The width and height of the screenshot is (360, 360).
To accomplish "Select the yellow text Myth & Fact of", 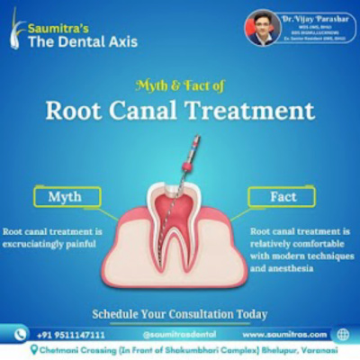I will click(180, 86).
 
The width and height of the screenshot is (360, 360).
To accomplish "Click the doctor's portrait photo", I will click(263, 27).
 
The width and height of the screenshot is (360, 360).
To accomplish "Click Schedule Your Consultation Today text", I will click(180, 314).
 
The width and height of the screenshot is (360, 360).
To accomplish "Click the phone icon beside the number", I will click(19, 334).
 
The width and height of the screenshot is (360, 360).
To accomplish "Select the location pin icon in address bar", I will click(32, 349).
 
